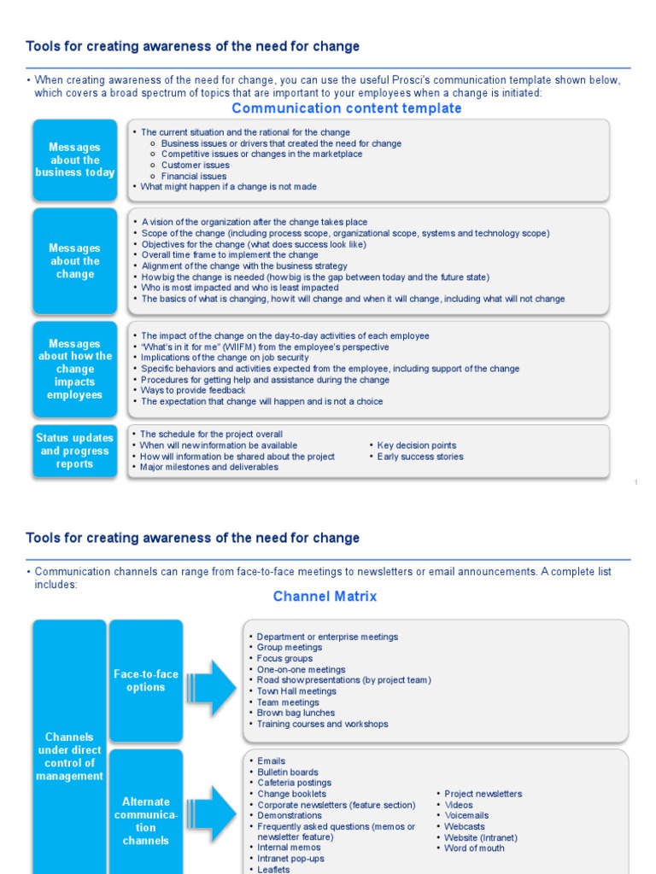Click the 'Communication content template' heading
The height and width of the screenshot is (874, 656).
(x=347, y=108)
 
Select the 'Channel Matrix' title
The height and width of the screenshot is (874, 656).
(x=325, y=597)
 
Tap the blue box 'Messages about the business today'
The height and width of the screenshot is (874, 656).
(x=75, y=160)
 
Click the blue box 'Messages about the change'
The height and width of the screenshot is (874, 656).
(x=75, y=261)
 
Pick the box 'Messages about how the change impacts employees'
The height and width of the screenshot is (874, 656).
(x=75, y=370)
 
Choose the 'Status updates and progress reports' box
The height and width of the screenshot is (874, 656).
(x=75, y=451)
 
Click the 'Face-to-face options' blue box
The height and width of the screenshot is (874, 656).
(x=146, y=680)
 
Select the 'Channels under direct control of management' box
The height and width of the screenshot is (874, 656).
(x=69, y=756)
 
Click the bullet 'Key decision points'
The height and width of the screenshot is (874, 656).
(x=417, y=446)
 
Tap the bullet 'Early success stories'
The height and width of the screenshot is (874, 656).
(x=420, y=457)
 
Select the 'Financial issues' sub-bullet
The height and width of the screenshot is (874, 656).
(x=194, y=176)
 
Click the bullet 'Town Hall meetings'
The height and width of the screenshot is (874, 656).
(x=296, y=691)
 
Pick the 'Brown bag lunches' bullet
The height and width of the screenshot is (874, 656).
(x=296, y=713)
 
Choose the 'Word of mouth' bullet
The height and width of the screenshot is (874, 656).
(x=474, y=848)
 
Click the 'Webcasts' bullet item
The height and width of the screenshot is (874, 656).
(x=465, y=826)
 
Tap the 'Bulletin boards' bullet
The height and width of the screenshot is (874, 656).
(x=288, y=772)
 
